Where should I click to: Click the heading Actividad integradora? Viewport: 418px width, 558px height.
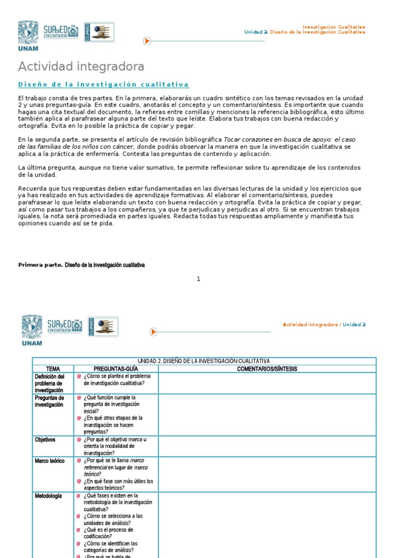pyautogui.click(x=81, y=66)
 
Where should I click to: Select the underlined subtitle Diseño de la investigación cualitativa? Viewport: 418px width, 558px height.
pyautogui.click(x=103, y=84)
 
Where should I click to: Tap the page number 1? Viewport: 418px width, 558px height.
pyautogui.click(x=199, y=279)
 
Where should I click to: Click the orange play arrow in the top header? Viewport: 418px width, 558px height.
pyautogui.click(x=147, y=41)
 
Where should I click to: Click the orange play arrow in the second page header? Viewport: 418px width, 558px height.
pyautogui.click(x=153, y=331)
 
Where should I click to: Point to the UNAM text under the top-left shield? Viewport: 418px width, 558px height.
pyautogui.click(x=28, y=48)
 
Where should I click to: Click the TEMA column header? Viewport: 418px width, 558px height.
pyautogui.click(x=53, y=369)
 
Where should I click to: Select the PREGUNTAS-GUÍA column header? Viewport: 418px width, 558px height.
pyautogui.click(x=116, y=369)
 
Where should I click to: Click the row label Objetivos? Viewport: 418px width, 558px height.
pyautogui.click(x=45, y=439)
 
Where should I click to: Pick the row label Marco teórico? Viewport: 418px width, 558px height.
pyautogui.click(x=50, y=461)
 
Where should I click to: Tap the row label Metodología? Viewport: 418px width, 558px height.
pyautogui.click(x=48, y=496)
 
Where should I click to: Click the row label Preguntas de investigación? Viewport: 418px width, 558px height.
pyautogui.click(x=50, y=401)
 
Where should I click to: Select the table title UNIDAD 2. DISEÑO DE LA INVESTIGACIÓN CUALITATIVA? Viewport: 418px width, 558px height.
pyautogui.click(x=204, y=361)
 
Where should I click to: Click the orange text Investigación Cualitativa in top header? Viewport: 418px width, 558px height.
pyautogui.click(x=334, y=27)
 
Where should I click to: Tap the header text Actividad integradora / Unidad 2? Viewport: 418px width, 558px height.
pyautogui.click(x=324, y=324)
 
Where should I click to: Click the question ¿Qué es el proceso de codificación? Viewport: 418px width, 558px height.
pyautogui.click(x=108, y=533)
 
